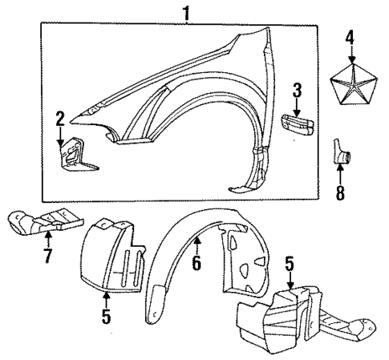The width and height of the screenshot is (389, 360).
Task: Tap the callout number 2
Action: point(59,119)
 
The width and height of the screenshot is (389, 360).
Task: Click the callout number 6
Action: point(197,261)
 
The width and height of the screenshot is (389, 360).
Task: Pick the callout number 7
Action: point(48,257)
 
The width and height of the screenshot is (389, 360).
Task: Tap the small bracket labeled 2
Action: point(72,154)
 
